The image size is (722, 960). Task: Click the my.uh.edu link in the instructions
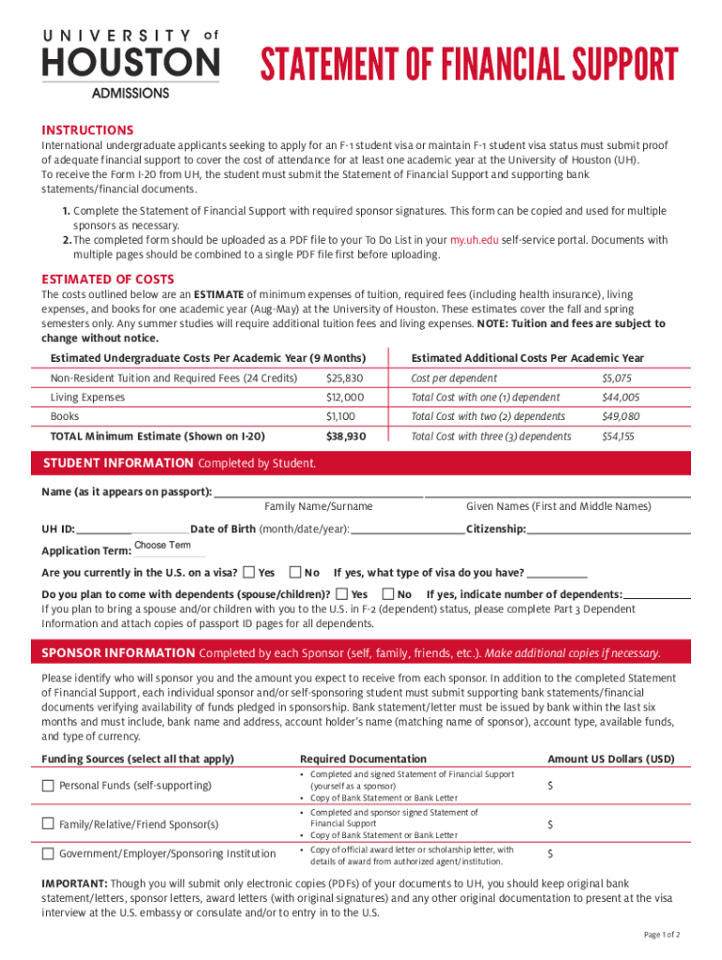[x=474, y=241]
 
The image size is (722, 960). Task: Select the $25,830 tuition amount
[x=344, y=378]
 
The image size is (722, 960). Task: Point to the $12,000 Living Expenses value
[x=344, y=397]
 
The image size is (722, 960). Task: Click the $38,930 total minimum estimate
[x=345, y=436]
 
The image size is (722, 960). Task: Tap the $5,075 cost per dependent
[x=617, y=378]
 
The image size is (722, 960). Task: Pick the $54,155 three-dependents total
[x=618, y=436]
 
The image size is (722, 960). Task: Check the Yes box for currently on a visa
[x=248, y=572]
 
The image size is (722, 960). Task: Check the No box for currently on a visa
[x=295, y=572]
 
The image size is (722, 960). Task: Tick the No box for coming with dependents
[x=388, y=593]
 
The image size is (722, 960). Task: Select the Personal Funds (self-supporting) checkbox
[x=48, y=786]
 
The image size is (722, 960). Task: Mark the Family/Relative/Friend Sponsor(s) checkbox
[x=48, y=823]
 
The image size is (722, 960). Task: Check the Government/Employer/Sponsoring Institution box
[x=48, y=853]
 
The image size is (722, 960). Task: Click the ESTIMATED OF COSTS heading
[x=108, y=279]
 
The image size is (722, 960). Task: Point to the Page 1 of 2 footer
[x=662, y=935]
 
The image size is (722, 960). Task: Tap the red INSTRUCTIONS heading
[x=87, y=130]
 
